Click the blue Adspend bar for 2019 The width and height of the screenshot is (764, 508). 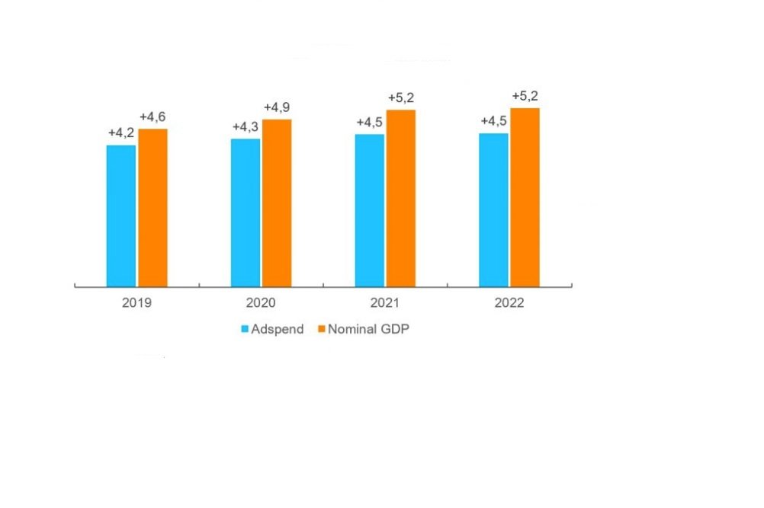pyautogui.click(x=120, y=216)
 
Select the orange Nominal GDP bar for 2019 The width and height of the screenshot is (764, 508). pyautogui.click(x=152, y=207)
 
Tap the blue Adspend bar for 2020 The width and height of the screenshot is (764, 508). pyautogui.click(x=245, y=212)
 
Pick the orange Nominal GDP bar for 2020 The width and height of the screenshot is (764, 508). pyautogui.click(x=277, y=203)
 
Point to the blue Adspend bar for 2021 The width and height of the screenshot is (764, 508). pyautogui.click(x=369, y=210)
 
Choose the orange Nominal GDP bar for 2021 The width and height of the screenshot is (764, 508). pyautogui.click(x=401, y=198)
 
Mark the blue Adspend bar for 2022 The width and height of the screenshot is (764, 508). pyautogui.click(x=493, y=209)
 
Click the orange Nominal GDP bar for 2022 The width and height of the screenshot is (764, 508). pyautogui.click(x=525, y=197)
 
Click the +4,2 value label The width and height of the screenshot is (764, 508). pyautogui.click(x=121, y=133)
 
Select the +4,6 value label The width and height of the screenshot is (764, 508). pyautogui.click(x=152, y=117)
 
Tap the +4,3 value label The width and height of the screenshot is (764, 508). pyautogui.click(x=246, y=126)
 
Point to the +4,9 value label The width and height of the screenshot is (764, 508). pyautogui.click(x=277, y=107)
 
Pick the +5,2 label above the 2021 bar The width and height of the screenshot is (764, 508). pyautogui.click(x=401, y=98)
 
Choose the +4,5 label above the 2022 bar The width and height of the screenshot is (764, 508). pyautogui.click(x=494, y=121)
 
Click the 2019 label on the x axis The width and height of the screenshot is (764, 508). pyautogui.click(x=136, y=302)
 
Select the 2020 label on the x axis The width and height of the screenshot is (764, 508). pyautogui.click(x=261, y=302)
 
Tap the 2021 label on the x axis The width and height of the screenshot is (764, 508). pyautogui.click(x=385, y=302)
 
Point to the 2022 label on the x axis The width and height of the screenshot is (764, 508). pyautogui.click(x=509, y=302)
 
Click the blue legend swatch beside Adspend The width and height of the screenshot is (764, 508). pyautogui.click(x=245, y=330)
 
